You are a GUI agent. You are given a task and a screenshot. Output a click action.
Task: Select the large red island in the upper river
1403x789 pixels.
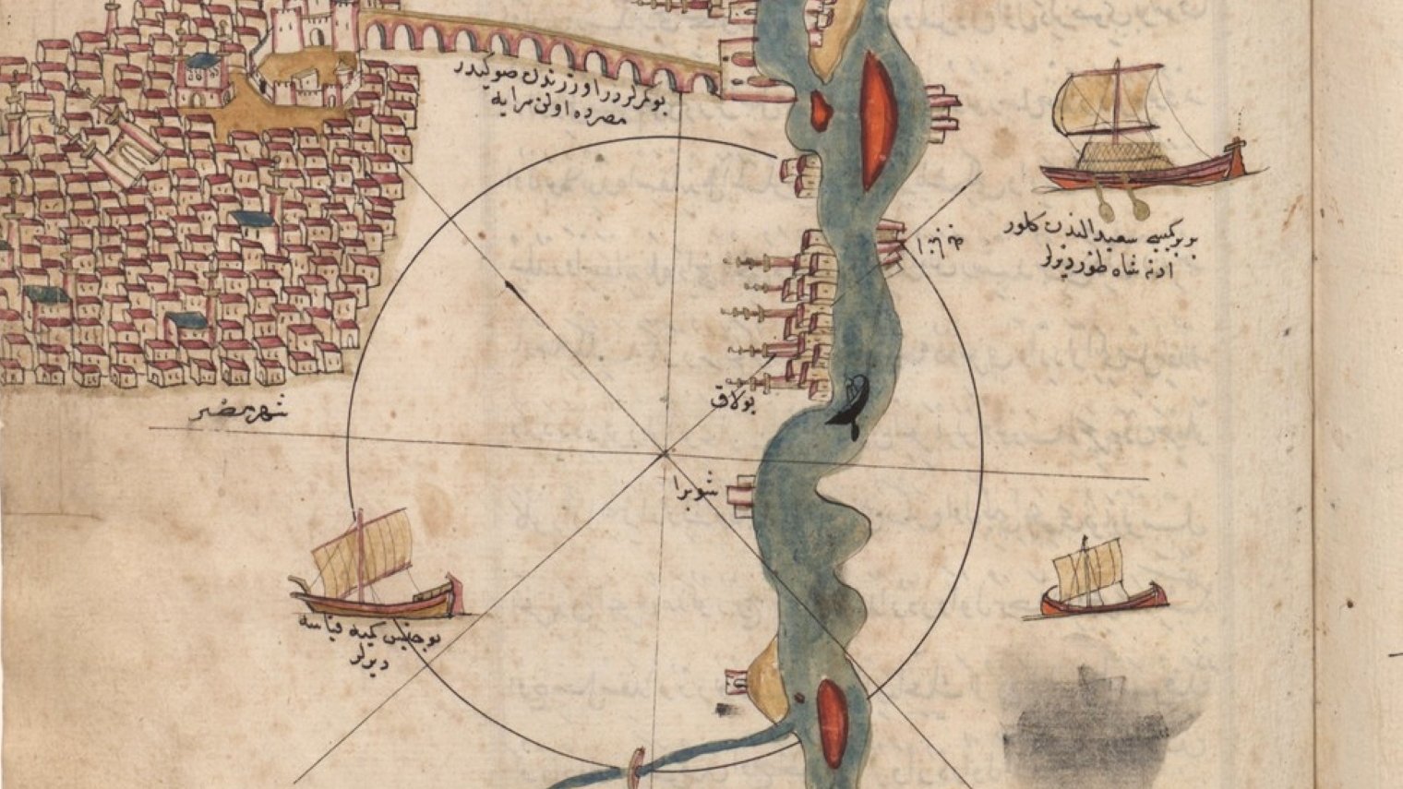click(873, 120)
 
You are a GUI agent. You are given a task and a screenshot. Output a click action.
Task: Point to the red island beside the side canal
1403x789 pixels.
click(833, 723)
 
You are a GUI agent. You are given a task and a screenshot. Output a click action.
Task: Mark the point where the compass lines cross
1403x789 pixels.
click(663, 452)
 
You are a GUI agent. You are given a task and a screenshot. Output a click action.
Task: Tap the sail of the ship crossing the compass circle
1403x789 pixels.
click(362, 549)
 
